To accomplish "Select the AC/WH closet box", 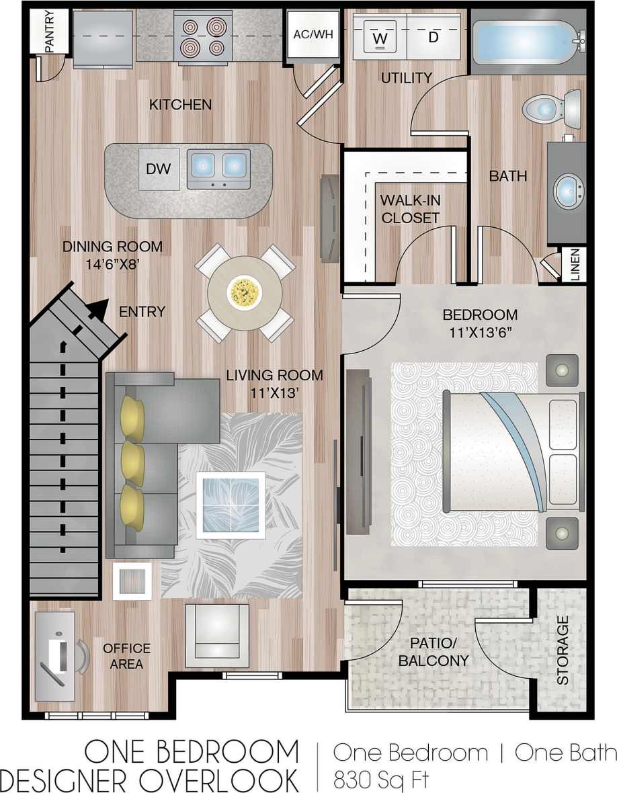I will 313,35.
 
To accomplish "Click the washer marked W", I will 380,36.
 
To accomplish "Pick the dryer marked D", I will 434,36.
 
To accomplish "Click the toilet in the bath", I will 551,108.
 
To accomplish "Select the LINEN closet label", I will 577,265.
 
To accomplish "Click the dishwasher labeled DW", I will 159,169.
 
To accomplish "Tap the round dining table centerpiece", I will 245,292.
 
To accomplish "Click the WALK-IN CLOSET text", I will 409,209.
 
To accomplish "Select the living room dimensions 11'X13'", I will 274,393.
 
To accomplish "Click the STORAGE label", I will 563,650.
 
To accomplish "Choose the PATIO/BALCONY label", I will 434,652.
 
